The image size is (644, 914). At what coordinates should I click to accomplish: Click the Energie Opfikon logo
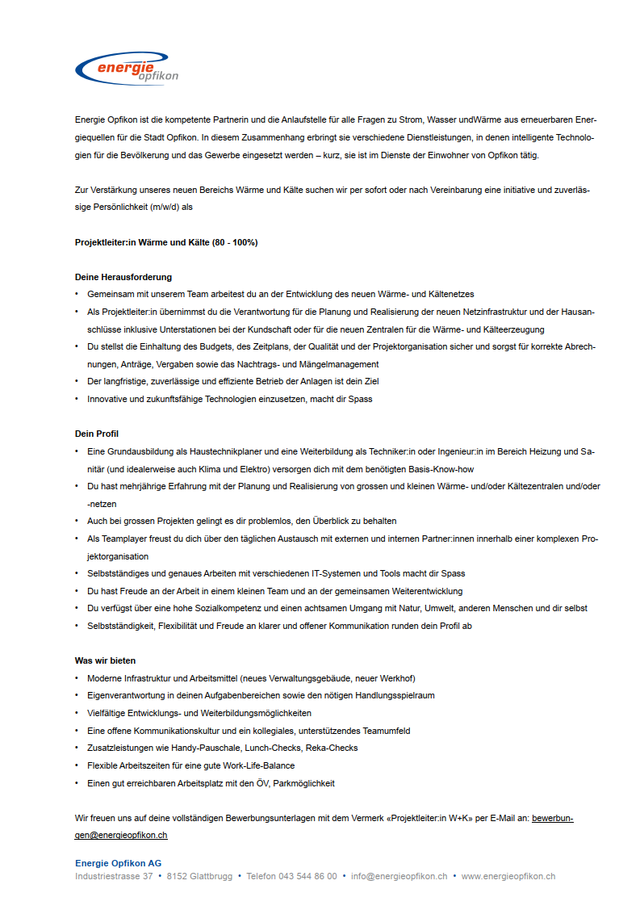click(126, 69)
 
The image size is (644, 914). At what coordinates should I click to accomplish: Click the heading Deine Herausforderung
click(123, 277)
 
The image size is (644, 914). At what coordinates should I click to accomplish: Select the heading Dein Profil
click(97, 434)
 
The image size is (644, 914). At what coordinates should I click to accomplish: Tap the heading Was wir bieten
click(105, 660)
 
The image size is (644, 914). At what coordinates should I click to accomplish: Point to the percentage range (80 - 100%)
click(235, 242)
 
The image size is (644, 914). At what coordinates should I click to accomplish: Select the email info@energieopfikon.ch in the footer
click(399, 876)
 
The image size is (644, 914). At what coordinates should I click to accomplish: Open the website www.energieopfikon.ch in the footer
click(508, 876)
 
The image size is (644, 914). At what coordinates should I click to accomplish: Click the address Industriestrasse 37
click(114, 876)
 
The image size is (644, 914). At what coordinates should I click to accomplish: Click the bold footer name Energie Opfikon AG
click(118, 863)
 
